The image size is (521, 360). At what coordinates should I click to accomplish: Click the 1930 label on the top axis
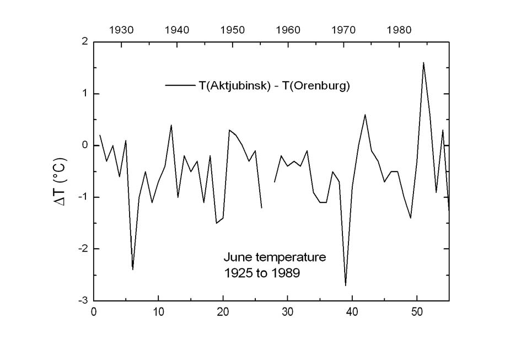click(121, 30)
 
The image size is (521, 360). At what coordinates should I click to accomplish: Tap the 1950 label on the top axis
click(233, 30)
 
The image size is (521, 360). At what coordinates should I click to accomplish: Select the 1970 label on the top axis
click(343, 30)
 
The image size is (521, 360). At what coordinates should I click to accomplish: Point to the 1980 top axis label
click(399, 30)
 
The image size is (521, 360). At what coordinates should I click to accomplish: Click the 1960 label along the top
click(288, 30)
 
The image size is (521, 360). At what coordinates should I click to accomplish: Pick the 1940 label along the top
click(177, 30)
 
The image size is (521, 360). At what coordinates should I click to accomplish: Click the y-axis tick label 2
click(84, 42)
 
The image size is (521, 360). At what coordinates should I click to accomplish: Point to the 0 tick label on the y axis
click(84, 146)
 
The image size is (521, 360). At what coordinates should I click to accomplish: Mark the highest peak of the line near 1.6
click(423, 63)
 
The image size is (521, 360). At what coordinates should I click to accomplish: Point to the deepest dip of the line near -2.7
click(346, 285)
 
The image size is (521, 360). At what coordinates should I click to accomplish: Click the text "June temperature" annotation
click(275, 257)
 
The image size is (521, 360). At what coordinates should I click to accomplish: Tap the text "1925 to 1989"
click(262, 273)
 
